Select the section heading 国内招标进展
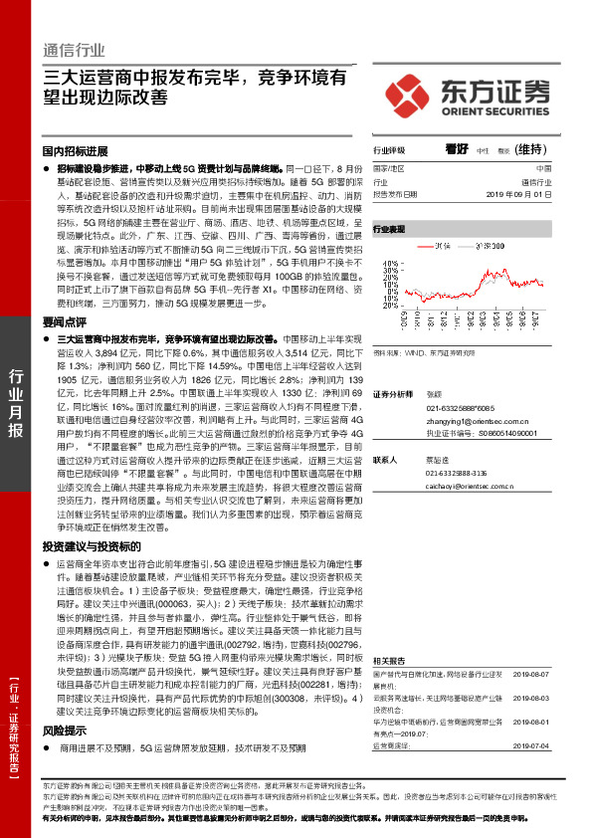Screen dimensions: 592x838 [75, 151]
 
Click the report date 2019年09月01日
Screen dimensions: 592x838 [539, 195]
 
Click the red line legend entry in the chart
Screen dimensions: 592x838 [438, 245]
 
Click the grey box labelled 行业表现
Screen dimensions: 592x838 [389, 229]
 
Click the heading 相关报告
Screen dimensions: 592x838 [387, 661]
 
